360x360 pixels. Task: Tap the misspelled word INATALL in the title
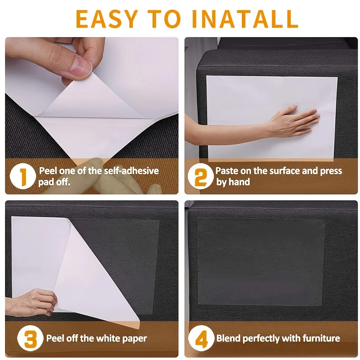point(244,19)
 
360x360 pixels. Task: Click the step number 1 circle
point(23,176)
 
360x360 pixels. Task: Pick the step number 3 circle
point(30,339)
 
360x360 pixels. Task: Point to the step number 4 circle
point(201,339)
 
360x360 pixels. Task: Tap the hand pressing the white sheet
point(295,121)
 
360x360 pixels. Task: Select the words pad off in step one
point(54,182)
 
